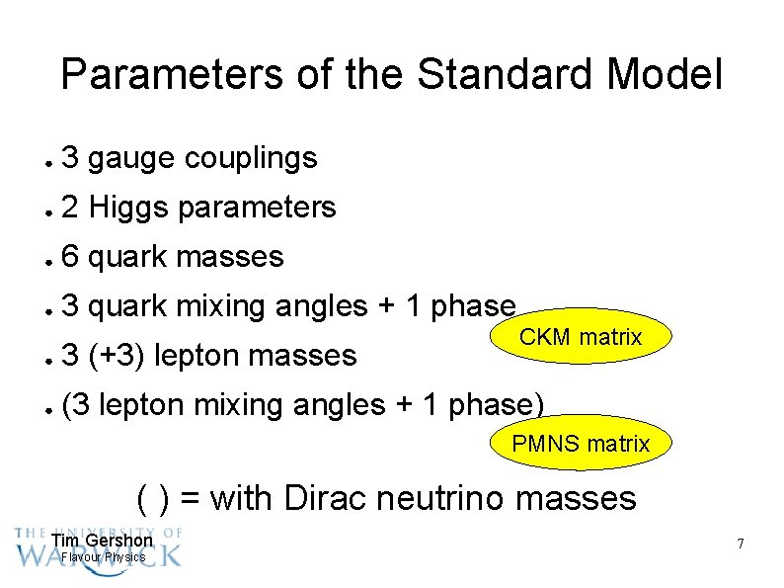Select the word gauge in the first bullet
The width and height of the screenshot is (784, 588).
pyautogui.click(x=131, y=158)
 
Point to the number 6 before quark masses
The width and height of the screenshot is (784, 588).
pyautogui.click(x=69, y=257)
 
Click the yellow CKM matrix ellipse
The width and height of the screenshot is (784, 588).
pyautogui.click(x=581, y=338)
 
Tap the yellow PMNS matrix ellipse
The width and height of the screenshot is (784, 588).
pyautogui.click(x=581, y=444)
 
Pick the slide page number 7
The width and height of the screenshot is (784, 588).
pyautogui.click(x=739, y=545)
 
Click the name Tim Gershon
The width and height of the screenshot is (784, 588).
pyautogui.click(x=102, y=541)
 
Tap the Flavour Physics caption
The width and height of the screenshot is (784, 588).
pyautogui.click(x=103, y=557)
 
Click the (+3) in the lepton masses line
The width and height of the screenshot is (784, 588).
pyautogui.click(x=119, y=355)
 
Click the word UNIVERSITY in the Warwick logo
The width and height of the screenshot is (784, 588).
pyautogui.click(x=108, y=532)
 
